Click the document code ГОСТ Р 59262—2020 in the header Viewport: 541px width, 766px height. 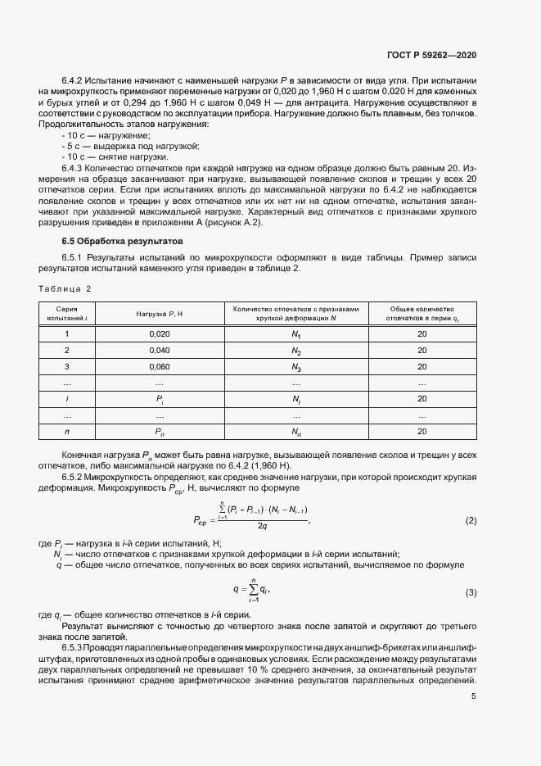pos(431,55)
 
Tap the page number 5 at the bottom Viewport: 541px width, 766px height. pos(474,696)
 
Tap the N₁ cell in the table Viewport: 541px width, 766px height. pos(296,335)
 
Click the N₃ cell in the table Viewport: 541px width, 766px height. pos(296,367)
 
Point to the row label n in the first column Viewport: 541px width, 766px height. pos(66,431)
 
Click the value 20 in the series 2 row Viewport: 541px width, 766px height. pos(422,351)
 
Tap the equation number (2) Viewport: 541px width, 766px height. pos(471,521)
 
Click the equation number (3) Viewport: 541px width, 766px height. pos(471,592)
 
